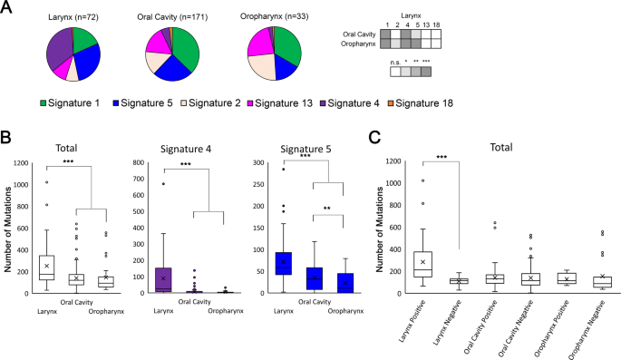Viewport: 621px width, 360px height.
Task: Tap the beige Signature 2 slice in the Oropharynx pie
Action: [261, 66]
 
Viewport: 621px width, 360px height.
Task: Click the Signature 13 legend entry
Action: [280, 103]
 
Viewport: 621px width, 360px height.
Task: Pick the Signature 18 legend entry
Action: [421, 103]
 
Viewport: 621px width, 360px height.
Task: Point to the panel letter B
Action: [5, 138]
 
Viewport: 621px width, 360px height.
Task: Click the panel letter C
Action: [374, 138]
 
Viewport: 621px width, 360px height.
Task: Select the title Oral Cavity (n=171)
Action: [172, 16]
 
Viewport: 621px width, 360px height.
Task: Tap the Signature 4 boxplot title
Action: [186, 149]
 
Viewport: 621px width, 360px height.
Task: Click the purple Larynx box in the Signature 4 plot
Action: [163, 280]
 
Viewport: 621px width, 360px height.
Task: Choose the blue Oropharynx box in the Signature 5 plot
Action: [345, 283]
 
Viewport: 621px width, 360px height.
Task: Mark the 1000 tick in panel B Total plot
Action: [21, 185]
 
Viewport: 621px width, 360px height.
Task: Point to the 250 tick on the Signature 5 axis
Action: [258, 185]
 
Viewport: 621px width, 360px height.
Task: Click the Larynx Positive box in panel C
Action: [423, 264]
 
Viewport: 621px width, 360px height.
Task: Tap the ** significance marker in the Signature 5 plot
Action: [326, 209]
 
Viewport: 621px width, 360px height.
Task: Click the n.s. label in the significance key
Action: [395, 63]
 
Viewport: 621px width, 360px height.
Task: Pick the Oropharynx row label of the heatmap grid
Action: [358, 44]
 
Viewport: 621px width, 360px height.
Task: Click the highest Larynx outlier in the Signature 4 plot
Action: [163, 184]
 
